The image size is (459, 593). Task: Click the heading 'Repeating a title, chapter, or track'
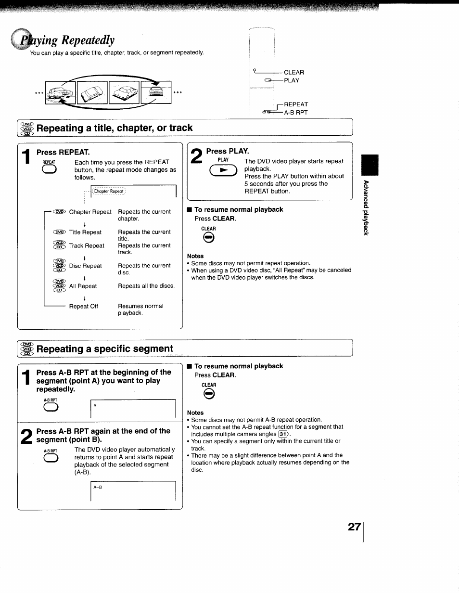pyautogui.click(x=115, y=128)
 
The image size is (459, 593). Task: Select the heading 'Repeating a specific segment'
pyautogui.click(x=104, y=349)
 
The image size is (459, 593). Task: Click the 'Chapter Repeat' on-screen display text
pyautogui.click(x=108, y=191)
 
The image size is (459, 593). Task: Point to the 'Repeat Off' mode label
pyautogui.click(x=83, y=306)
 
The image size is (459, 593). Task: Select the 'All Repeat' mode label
pyautogui.click(x=83, y=286)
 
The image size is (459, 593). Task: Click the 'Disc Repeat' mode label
pyautogui.click(x=85, y=266)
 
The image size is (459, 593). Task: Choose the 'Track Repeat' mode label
pyautogui.click(x=86, y=245)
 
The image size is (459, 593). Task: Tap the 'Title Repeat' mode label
pyautogui.click(x=85, y=232)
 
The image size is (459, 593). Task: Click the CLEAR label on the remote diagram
pyautogui.click(x=293, y=73)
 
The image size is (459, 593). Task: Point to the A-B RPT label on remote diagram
pyautogui.click(x=295, y=113)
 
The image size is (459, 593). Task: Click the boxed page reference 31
pyautogui.click(x=284, y=434)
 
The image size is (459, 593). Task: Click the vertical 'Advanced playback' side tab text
pyautogui.click(x=366, y=207)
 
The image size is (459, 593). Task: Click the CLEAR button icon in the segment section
pyautogui.click(x=209, y=395)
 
